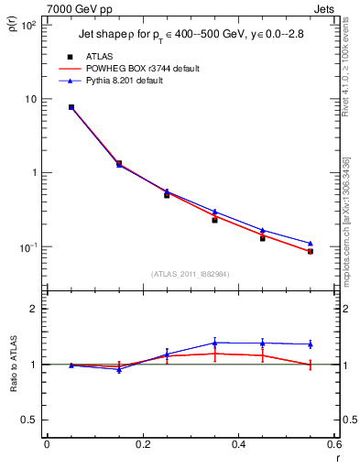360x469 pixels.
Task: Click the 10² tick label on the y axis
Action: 29,25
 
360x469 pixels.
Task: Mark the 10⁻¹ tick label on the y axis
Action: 29,247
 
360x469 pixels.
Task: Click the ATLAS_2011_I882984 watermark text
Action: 191,273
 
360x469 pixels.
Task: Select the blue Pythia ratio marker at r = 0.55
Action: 310,344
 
